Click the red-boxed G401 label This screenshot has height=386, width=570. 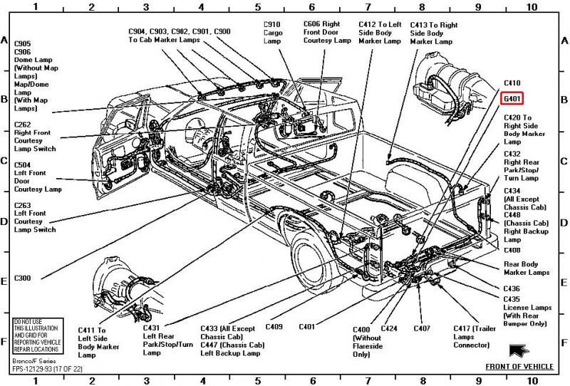(x=516, y=98)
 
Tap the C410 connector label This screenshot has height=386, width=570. (x=513, y=83)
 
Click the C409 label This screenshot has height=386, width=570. (x=274, y=327)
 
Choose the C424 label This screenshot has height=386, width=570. (x=388, y=329)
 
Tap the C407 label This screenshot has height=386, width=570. (x=422, y=329)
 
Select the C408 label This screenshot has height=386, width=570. (x=512, y=250)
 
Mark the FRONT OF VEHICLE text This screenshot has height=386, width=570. (x=519, y=367)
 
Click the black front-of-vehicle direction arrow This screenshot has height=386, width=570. (x=517, y=350)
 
